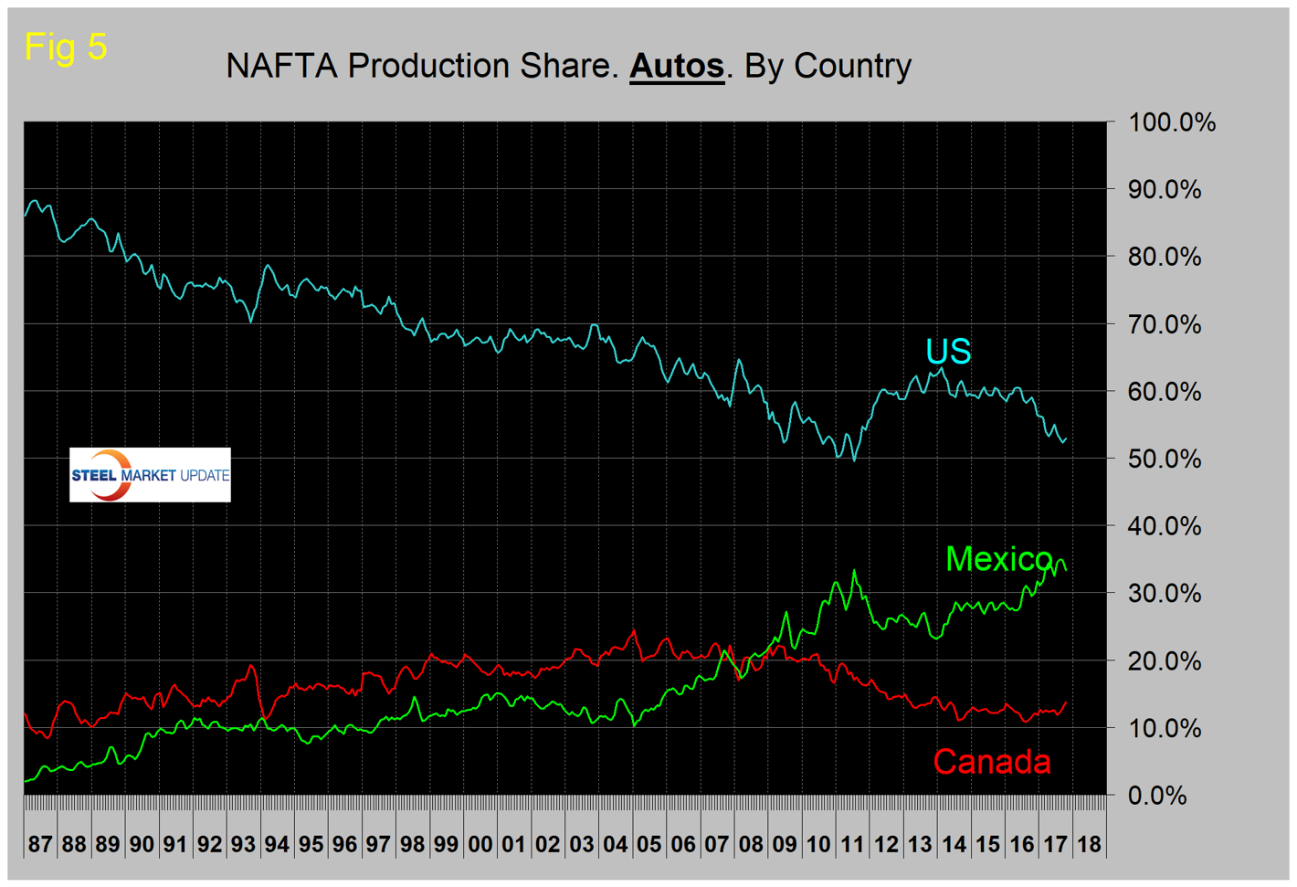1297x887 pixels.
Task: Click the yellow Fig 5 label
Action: [66, 47]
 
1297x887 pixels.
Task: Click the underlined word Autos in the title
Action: [676, 67]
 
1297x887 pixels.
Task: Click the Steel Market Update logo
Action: [150, 475]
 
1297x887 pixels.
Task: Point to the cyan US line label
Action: [948, 352]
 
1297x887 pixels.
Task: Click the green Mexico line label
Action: [998, 558]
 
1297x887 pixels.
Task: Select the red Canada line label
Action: [992, 762]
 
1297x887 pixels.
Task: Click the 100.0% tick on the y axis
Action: [1172, 122]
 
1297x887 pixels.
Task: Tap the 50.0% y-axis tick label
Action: [1165, 459]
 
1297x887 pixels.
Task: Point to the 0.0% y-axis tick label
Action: [1157, 796]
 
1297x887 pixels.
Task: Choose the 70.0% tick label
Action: [1165, 324]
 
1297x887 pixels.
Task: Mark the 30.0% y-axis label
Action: [1165, 594]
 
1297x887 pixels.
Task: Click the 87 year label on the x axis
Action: [40, 844]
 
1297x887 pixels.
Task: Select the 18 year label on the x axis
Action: [1089, 844]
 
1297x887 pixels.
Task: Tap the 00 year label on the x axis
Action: [480, 844]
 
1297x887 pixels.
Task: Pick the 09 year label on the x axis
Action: [784, 844]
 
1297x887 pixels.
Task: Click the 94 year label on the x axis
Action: [277, 844]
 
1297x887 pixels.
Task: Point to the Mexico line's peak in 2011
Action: [854, 571]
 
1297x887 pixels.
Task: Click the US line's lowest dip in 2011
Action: [854, 459]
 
